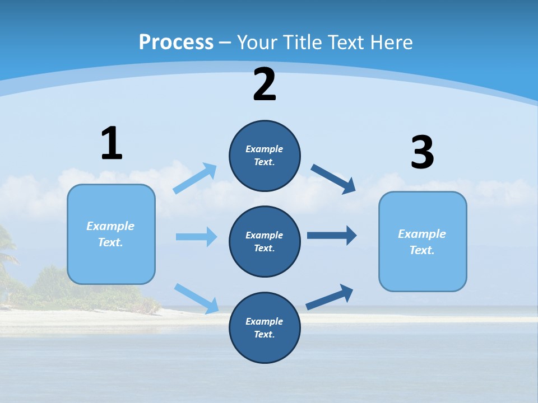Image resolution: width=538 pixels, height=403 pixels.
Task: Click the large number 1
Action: pyautogui.click(x=112, y=143)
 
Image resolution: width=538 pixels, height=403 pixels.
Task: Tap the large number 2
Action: pyautogui.click(x=265, y=85)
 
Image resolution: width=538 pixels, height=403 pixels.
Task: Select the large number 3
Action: pyautogui.click(x=422, y=153)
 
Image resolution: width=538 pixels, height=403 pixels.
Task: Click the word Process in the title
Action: pyautogui.click(x=176, y=42)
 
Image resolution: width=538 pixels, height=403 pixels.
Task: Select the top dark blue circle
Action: pyautogui.click(x=265, y=156)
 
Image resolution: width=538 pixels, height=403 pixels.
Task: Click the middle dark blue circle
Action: pyautogui.click(x=265, y=241)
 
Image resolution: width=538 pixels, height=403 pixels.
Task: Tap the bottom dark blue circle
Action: pyautogui.click(x=265, y=327)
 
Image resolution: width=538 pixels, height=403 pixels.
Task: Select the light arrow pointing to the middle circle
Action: pyautogui.click(x=196, y=237)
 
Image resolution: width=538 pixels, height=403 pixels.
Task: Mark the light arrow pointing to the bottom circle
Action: pyautogui.click(x=196, y=298)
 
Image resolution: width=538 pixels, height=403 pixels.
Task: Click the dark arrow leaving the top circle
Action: pyautogui.click(x=333, y=179)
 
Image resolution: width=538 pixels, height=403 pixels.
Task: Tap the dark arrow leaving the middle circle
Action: pyautogui.click(x=331, y=235)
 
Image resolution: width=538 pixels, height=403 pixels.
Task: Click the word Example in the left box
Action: pyautogui.click(x=110, y=226)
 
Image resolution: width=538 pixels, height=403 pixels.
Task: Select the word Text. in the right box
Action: pyautogui.click(x=422, y=250)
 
